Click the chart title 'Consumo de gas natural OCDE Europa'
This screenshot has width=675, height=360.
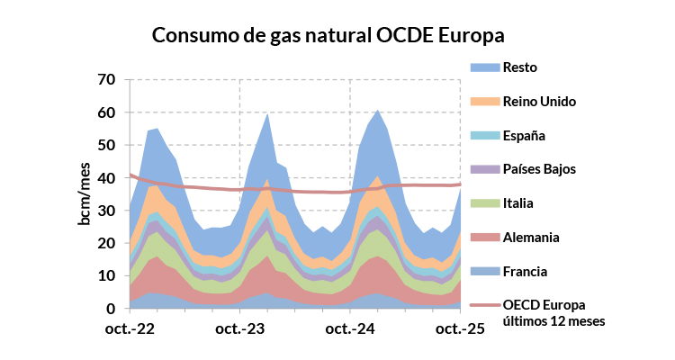tap(328, 35)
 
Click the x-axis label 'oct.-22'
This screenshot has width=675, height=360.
tap(130, 329)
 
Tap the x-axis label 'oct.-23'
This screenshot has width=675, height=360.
tap(240, 329)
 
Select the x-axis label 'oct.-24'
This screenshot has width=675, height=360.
tap(349, 329)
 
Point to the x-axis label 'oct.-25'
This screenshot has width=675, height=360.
tap(460, 329)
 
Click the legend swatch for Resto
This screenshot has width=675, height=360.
tap(483, 67)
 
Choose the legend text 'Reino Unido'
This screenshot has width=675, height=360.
tap(539, 101)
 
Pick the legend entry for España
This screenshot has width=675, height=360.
tap(524, 135)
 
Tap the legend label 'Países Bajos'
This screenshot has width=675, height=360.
tap(539, 169)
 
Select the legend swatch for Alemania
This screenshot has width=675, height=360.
tap(483, 237)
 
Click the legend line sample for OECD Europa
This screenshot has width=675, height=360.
tap(483, 305)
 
